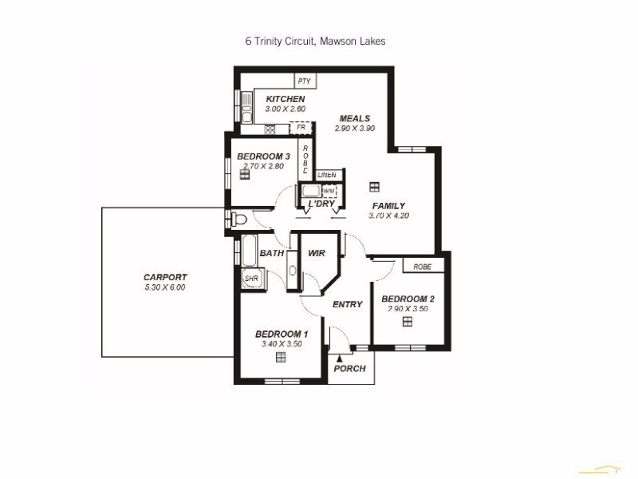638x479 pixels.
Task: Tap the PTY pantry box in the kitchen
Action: tap(304, 81)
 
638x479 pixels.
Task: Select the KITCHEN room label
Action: tap(285, 99)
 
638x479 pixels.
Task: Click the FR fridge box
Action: tap(301, 128)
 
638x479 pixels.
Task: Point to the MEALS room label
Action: tap(354, 119)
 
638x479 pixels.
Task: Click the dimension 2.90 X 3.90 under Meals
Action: tap(354, 129)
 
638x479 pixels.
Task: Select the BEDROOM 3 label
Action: tap(262, 156)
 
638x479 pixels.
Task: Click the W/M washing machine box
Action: tap(329, 192)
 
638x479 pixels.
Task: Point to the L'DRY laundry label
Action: tap(321, 205)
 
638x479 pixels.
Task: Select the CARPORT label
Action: tap(165, 278)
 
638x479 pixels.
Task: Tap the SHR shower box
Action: tap(252, 279)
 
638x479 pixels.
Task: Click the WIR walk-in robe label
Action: tap(317, 254)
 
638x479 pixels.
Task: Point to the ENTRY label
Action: tap(347, 304)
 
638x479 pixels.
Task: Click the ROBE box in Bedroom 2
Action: tap(422, 267)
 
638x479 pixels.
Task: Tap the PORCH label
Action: tap(349, 369)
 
